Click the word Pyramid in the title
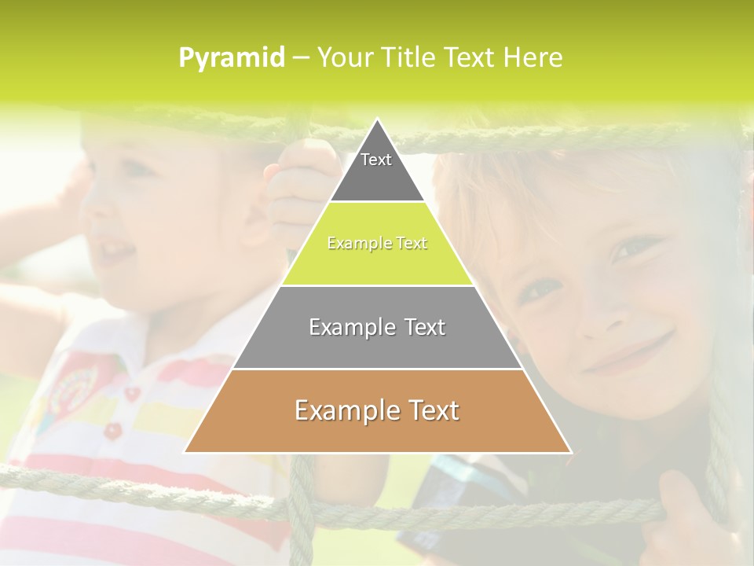tap(231, 58)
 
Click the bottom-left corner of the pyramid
tap(185, 452)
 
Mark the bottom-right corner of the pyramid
tap(570, 452)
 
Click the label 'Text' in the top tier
tap(376, 160)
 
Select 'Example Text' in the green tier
tap(377, 243)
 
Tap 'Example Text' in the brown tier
tap(377, 410)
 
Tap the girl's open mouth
tap(118, 252)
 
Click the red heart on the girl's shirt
tap(134, 393)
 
